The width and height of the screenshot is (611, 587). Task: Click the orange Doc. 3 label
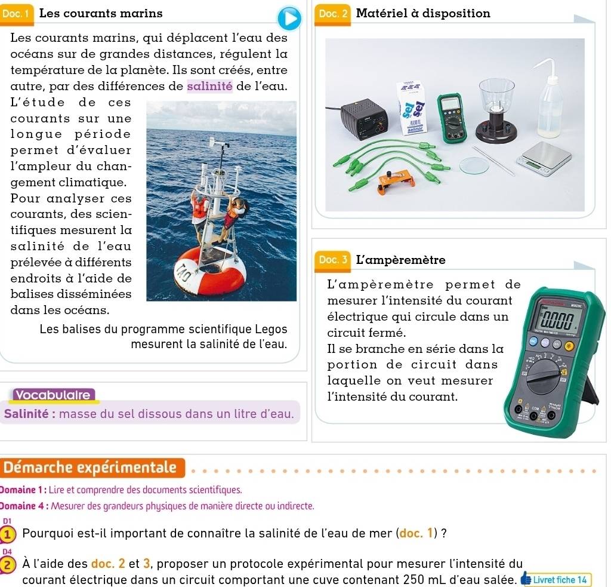[329, 260]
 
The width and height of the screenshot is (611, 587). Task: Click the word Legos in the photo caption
[272, 329]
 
